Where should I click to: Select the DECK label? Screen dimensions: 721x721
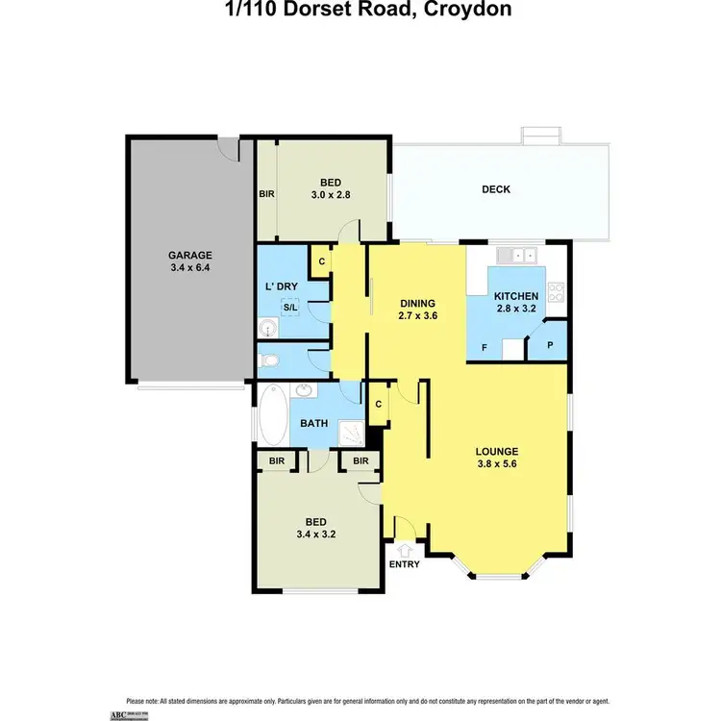[x=496, y=189]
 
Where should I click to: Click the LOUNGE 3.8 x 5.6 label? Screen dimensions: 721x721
[x=498, y=458]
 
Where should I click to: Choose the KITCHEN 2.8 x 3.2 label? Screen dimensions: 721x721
[x=515, y=303]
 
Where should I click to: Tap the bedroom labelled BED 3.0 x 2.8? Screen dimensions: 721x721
[x=330, y=188]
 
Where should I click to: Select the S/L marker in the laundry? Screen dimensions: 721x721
[x=288, y=308]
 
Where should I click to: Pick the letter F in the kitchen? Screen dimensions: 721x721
[x=484, y=346]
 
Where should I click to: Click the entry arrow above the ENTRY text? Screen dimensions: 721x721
[x=404, y=550]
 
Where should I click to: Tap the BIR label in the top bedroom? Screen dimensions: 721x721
[x=266, y=193]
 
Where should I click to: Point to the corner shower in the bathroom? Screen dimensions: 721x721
[x=354, y=434]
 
